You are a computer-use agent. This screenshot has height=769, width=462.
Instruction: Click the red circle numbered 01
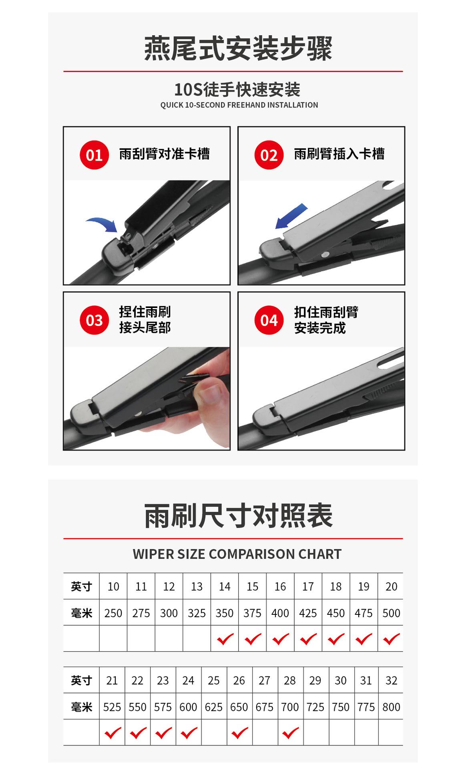(94, 155)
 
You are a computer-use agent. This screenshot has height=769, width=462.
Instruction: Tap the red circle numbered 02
(269, 155)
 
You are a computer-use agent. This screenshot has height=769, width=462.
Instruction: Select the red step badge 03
(94, 320)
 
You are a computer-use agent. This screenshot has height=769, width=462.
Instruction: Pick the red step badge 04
(269, 320)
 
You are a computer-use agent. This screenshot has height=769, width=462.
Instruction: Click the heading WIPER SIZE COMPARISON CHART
(237, 554)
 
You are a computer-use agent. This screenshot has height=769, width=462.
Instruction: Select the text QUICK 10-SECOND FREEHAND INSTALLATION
(239, 105)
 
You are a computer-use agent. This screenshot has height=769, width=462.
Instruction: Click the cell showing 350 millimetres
(225, 613)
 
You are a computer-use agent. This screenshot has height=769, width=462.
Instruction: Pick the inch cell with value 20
(391, 586)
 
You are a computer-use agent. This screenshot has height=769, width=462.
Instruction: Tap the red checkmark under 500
(392, 639)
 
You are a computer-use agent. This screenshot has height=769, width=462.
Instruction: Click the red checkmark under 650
(240, 733)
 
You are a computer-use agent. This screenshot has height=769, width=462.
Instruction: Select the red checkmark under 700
(291, 733)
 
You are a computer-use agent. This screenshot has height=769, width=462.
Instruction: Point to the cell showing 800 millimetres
(391, 707)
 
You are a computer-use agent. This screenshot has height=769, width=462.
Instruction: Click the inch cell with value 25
(214, 680)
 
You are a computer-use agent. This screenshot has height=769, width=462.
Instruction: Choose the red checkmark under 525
(112, 733)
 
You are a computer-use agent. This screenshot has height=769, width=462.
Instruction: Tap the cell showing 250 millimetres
(113, 613)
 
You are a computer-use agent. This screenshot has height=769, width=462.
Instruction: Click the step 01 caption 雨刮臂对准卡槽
(165, 154)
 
